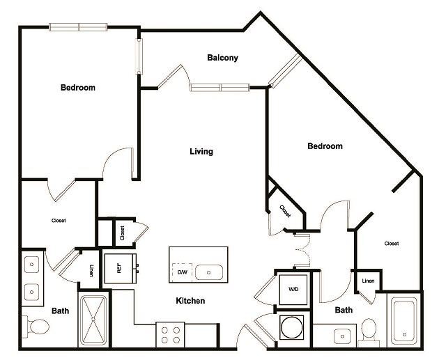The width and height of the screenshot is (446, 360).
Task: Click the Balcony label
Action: pos(223,58)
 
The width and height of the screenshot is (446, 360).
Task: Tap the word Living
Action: pos(201,151)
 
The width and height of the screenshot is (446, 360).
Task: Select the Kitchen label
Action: pos(190,301)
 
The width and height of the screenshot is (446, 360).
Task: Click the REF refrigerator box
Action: pos(118,267)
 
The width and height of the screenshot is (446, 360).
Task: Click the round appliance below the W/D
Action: pos(291,327)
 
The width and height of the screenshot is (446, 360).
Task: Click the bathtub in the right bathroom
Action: pos(403,322)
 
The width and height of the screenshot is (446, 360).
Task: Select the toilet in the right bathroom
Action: pos(367,328)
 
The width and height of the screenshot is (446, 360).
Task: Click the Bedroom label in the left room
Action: pos(78,88)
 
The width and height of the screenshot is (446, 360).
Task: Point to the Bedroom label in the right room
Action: pos(325,146)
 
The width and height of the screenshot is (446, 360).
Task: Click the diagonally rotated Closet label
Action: pos(285,211)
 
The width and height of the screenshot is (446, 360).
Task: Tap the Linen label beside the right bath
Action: pos(367,281)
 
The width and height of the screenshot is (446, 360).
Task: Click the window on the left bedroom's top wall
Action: pos(79,27)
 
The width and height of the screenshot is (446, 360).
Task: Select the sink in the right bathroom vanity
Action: pos(340,336)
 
